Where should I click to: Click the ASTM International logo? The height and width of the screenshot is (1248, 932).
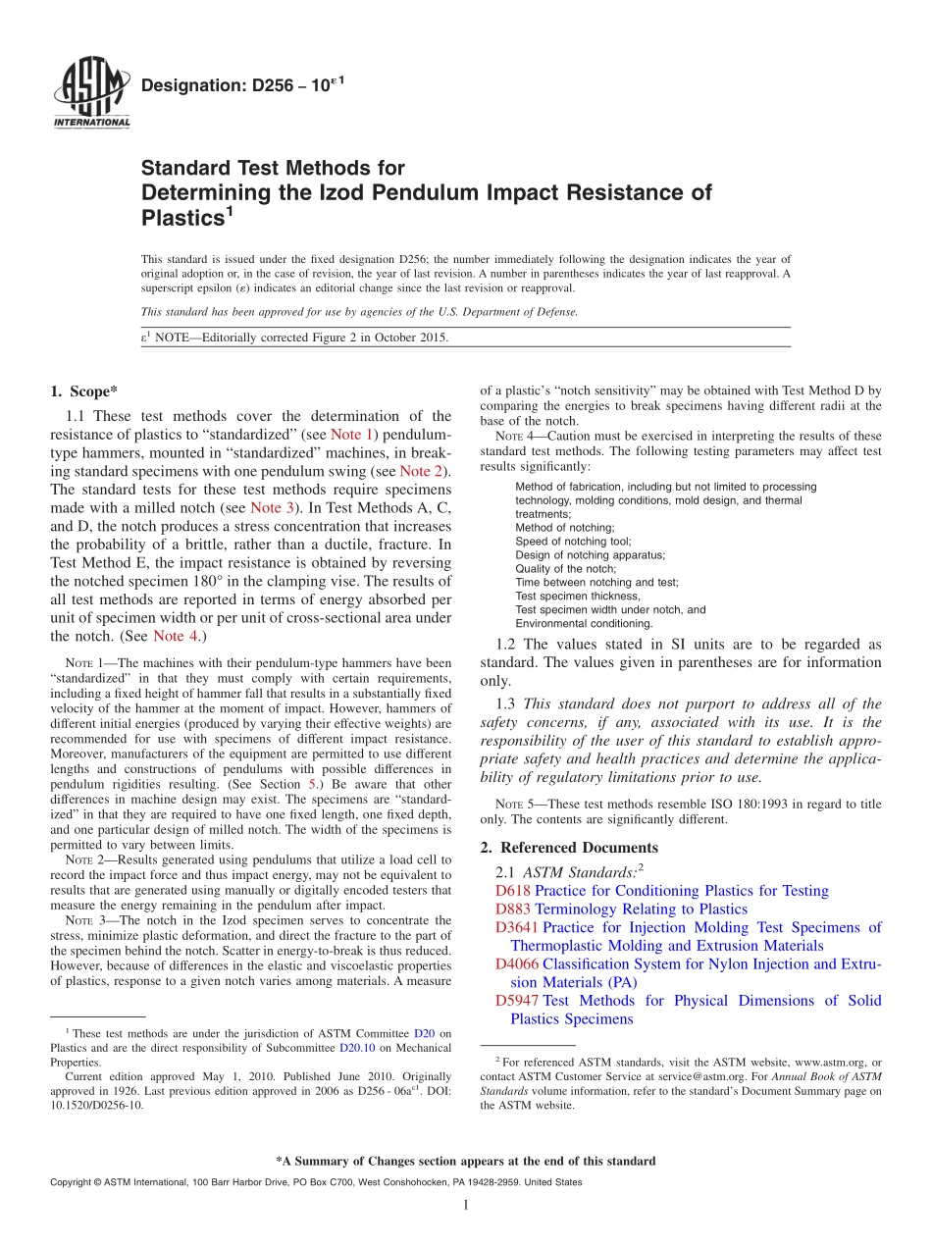point(90,94)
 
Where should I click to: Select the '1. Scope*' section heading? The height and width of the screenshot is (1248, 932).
point(84,390)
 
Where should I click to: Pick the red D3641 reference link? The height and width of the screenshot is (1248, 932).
point(517,927)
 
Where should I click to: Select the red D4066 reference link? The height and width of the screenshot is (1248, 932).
point(517,964)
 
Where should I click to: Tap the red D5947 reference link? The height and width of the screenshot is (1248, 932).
point(517,1001)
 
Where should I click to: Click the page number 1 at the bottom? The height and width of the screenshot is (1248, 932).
point(466,1206)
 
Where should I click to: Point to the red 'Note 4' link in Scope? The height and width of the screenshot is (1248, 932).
point(176,637)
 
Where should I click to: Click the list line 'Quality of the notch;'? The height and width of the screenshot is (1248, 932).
point(566,569)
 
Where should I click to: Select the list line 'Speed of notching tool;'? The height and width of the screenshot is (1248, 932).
point(573,542)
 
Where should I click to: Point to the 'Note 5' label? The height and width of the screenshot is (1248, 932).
point(514,805)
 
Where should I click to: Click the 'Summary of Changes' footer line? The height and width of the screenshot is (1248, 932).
point(466,1161)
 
